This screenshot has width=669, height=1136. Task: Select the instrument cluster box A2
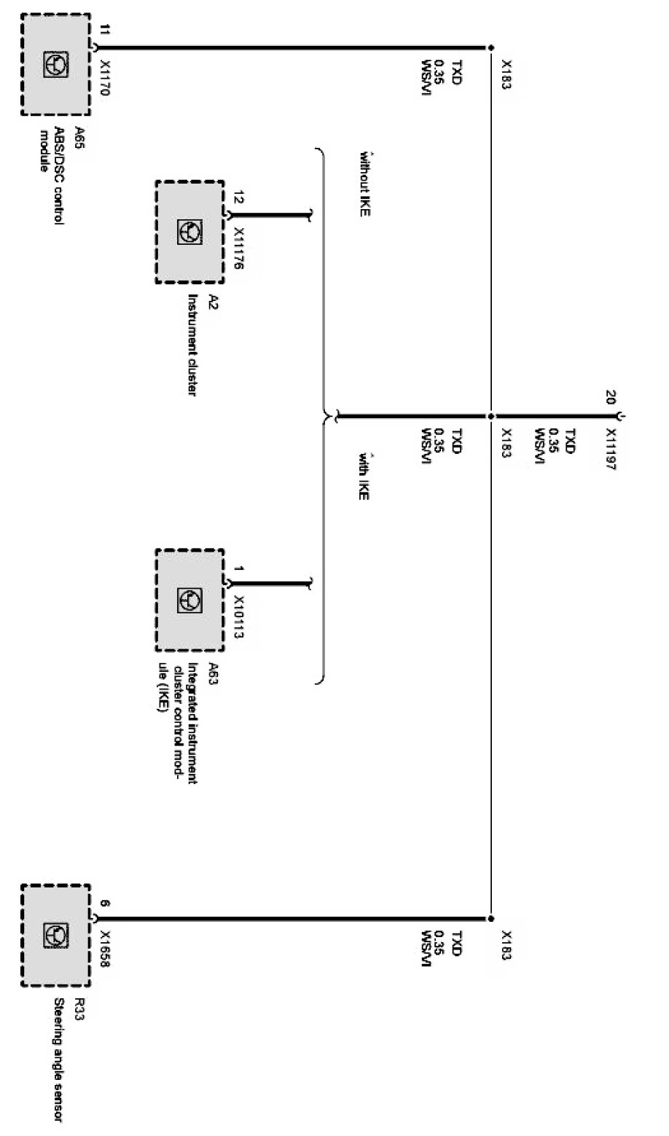pos(189,232)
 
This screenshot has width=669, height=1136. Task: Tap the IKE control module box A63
pos(189,600)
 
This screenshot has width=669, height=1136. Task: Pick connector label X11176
pos(238,247)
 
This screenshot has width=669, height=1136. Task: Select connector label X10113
pos(238,614)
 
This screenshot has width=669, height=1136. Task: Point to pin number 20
pos(611,397)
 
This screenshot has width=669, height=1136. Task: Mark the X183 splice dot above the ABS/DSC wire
pos(490,48)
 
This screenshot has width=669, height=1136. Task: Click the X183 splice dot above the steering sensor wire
pos(490,919)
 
